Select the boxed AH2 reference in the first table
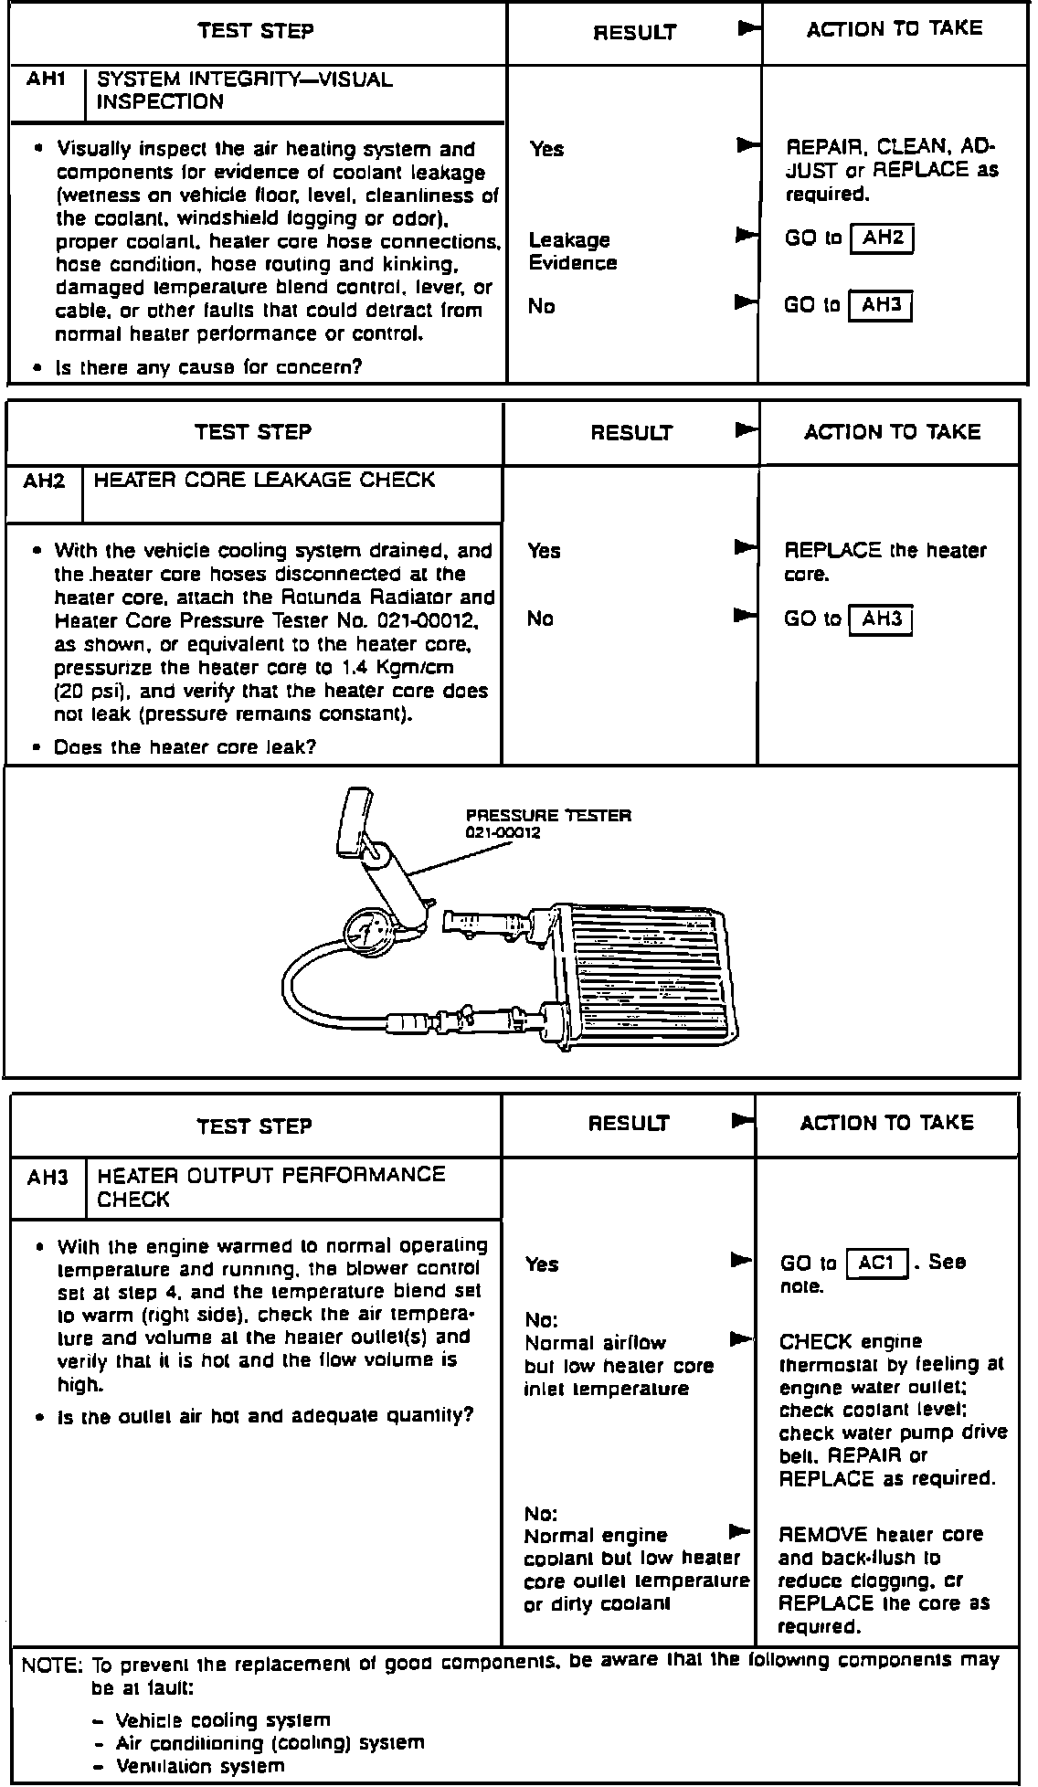pos(882,238)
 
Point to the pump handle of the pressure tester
pos(355,823)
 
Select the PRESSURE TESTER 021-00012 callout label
pos(548,823)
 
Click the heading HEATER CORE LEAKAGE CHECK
pos(264,481)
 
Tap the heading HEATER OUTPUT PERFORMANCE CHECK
pos(270,1187)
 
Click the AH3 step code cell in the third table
pos(48,1178)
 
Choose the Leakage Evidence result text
pos(572,251)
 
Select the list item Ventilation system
pos(200,1766)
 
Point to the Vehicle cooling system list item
pos(223,1720)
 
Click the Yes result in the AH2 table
pos(544,551)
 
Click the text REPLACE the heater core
pos(884,562)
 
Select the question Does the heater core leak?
pos(185,747)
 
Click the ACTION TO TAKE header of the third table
pos(886,1123)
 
